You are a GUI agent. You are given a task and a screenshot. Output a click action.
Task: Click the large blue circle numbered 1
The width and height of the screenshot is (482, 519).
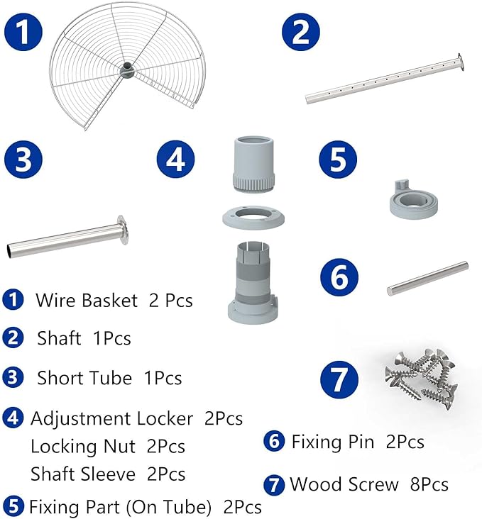click(x=23, y=32)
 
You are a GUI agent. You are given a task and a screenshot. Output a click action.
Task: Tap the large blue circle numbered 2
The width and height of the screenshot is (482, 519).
click(x=301, y=32)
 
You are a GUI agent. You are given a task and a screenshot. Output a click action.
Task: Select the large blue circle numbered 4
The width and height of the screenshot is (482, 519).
click(x=176, y=160)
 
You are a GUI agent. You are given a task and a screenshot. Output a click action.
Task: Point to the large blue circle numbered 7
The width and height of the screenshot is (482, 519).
click(x=339, y=379)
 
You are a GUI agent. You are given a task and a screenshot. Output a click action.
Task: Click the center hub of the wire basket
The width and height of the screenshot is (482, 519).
click(x=127, y=69)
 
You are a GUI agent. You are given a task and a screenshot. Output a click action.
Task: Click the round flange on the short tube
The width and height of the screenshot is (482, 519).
click(x=122, y=230)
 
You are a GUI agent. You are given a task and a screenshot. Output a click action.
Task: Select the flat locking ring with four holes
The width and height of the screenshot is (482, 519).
click(x=253, y=217)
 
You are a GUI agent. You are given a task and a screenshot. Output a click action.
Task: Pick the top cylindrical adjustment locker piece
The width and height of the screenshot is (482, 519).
click(x=253, y=164)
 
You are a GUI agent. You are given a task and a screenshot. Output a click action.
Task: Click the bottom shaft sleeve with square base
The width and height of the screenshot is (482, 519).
click(x=253, y=282)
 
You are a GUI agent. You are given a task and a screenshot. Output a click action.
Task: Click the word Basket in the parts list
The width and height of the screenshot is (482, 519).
click(x=109, y=301)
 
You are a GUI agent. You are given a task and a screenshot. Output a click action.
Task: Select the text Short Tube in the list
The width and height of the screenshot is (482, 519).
click(x=84, y=378)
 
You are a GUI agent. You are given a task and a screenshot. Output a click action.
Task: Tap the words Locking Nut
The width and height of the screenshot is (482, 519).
click(x=83, y=446)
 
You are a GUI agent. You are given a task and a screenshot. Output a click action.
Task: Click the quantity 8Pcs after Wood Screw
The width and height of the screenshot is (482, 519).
click(x=429, y=484)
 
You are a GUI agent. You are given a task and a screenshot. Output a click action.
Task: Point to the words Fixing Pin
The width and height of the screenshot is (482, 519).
click(x=332, y=442)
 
